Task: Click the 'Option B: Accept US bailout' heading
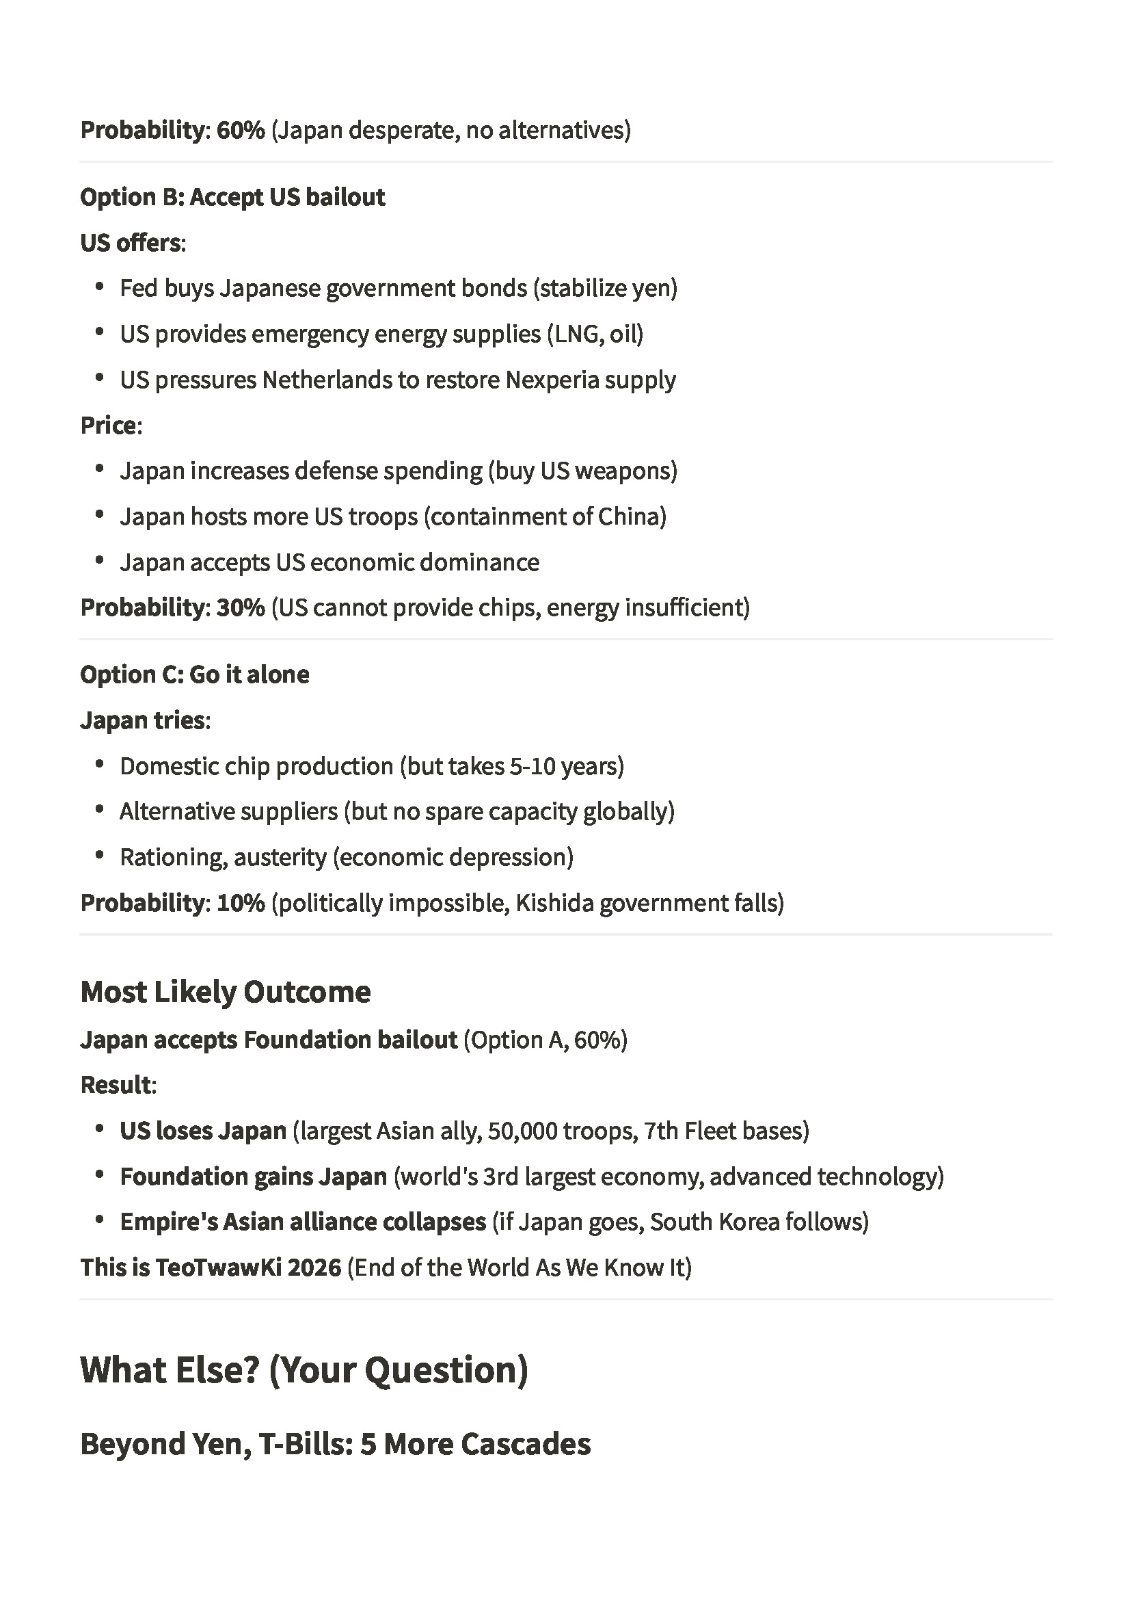[232, 198]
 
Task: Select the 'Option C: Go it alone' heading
[195, 674]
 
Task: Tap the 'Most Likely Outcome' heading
[226, 991]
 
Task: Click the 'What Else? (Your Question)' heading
[304, 1369]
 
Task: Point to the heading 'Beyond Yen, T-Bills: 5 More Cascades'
[336, 1444]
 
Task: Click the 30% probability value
[241, 607]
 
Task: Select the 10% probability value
[241, 903]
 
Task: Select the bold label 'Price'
[109, 425]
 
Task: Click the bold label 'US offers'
[131, 243]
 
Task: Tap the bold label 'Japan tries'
[143, 720]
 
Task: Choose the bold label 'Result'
[116, 1085]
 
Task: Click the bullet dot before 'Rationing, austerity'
[100, 856]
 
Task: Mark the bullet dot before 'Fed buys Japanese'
[100, 287]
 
